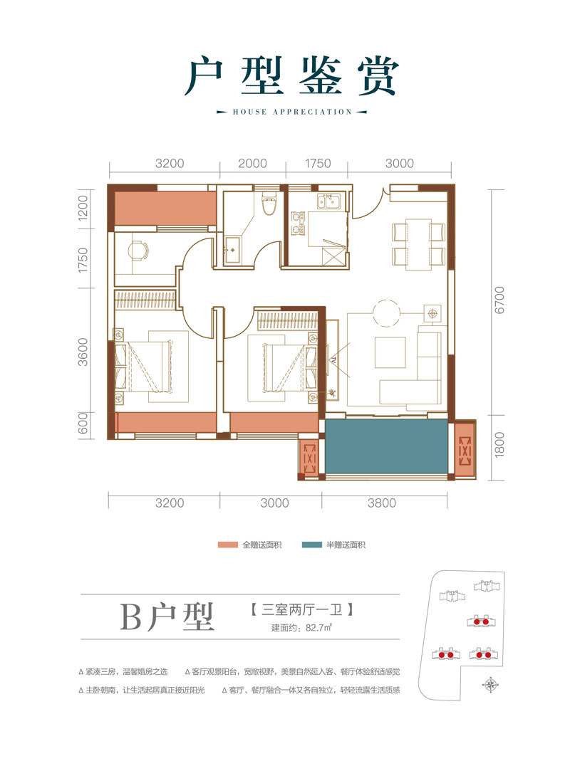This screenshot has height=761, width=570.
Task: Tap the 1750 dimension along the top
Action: click(318, 163)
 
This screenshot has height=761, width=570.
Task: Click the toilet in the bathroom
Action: click(269, 204)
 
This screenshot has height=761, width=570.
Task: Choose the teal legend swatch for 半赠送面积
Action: click(313, 545)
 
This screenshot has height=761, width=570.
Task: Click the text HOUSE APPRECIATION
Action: click(292, 112)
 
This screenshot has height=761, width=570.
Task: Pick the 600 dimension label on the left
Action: click(83, 425)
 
